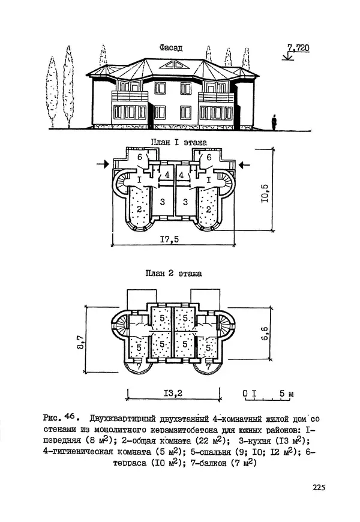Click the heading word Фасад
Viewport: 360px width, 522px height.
point(172,47)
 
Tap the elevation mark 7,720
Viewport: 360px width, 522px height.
point(298,47)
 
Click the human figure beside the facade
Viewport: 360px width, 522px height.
point(274,122)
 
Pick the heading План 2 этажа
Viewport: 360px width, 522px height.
point(174,273)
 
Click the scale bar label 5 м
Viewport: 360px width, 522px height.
point(286,394)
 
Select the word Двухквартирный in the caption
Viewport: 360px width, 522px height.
point(119,418)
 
